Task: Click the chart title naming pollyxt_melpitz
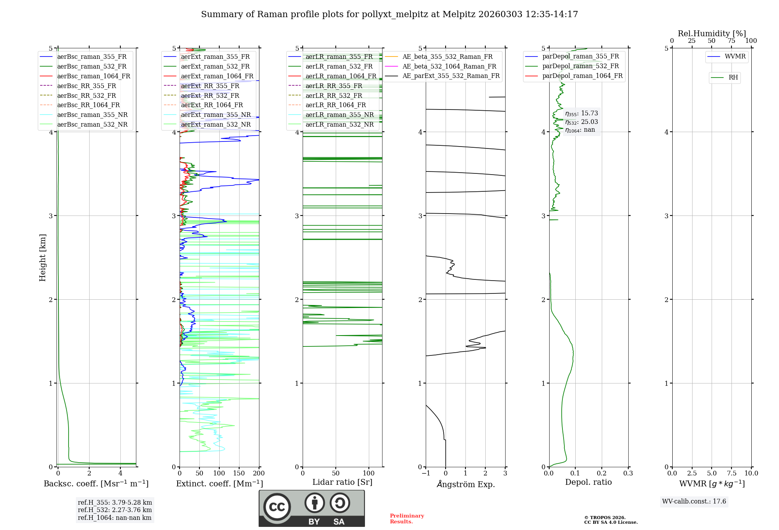tap(389, 14)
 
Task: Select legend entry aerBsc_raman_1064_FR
tap(93, 76)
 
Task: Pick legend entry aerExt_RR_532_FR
tap(210, 95)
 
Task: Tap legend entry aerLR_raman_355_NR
tap(339, 115)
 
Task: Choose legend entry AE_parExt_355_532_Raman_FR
tap(451, 76)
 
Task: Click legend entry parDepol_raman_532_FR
tap(580, 66)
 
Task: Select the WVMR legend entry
tap(735, 57)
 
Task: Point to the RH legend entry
tap(733, 78)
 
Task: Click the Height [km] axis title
tap(42, 258)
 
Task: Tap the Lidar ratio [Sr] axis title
tap(342, 482)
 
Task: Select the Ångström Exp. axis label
tap(465, 484)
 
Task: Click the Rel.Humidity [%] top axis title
tap(712, 34)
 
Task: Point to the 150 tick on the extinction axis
tap(239, 473)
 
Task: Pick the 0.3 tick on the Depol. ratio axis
tap(628, 473)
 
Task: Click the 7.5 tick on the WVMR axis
tap(731, 473)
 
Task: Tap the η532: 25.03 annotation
tap(582, 122)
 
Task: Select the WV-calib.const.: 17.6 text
tap(694, 502)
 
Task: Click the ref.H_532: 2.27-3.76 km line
tap(115, 510)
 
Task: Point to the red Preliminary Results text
tap(407, 519)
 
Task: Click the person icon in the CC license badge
tap(314, 503)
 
